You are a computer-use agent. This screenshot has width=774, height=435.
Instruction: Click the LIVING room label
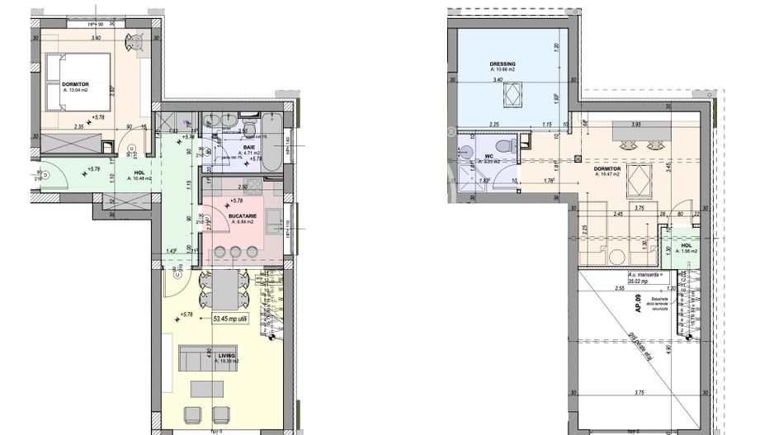pyautogui.click(x=226, y=355)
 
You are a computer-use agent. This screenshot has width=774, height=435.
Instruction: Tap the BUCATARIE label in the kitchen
pyautogui.click(x=243, y=215)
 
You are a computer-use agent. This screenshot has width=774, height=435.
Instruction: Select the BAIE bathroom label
pyautogui.click(x=249, y=146)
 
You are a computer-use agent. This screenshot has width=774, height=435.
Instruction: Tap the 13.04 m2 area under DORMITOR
pyautogui.click(x=76, y=89)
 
